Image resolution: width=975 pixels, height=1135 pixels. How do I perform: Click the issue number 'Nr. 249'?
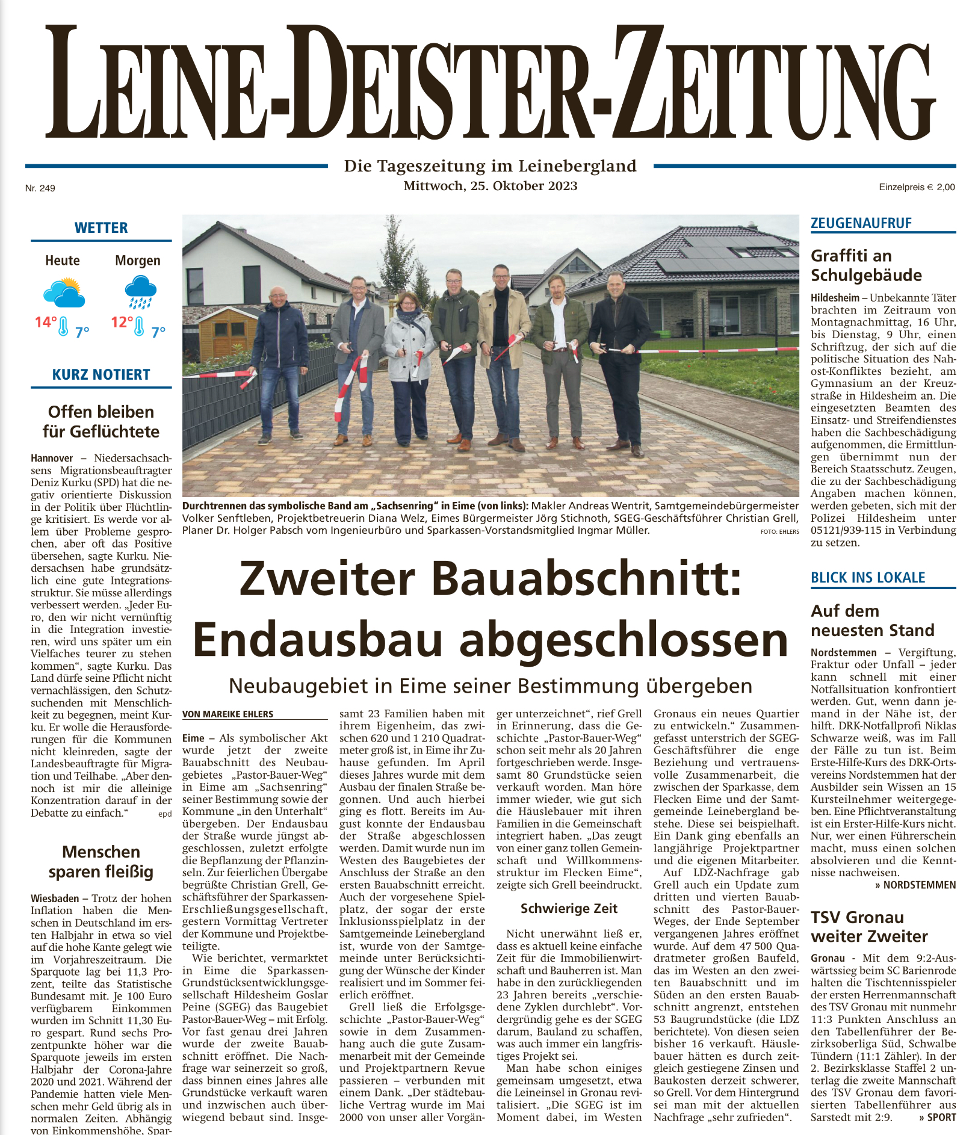point(40,188)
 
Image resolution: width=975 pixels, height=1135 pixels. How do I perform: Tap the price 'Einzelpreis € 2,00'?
point(917,187)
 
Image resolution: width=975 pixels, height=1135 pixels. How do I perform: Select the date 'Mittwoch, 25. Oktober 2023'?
point(490,186)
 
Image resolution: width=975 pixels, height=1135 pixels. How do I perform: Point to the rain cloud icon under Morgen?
point(140,292)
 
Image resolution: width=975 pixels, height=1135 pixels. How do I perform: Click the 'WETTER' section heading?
point(101,228)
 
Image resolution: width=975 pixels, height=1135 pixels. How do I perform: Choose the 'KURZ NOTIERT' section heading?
point(101,374)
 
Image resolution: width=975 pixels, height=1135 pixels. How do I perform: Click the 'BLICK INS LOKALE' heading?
point(867,578)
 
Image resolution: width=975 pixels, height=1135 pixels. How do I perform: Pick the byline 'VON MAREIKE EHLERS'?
point(227,714)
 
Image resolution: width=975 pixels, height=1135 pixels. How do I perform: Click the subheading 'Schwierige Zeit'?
point(569,909)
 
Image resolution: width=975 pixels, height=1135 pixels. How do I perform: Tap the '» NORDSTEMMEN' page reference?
point(915,885)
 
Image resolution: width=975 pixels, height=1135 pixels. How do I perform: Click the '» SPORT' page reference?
point(937,1118)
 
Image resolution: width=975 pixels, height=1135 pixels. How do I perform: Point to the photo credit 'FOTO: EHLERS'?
point(779,532)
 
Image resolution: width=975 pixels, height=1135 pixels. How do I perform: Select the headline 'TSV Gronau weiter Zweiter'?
point(869,927)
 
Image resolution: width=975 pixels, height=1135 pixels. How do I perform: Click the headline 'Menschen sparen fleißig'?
point(101,862)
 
